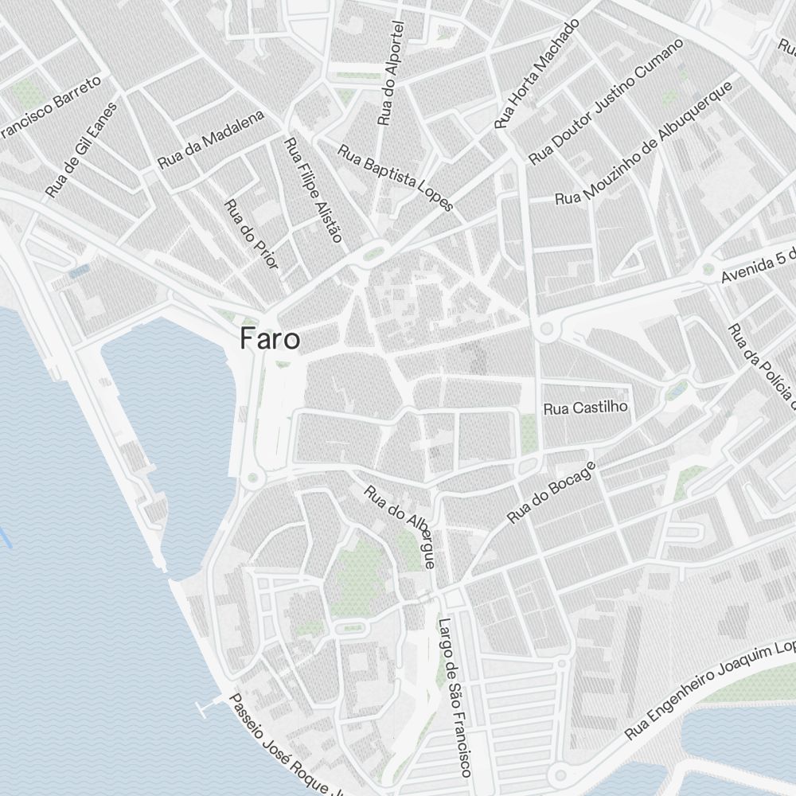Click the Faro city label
tap(271, 340)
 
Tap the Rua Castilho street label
tap(586, 408)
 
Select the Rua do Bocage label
tap(551, 493)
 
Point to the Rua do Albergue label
tap(400, 526)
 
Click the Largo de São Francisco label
tap(455, 696)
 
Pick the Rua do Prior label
tap(252, 234)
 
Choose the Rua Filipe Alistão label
tap(312, 190)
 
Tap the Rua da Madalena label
tap(210, 139)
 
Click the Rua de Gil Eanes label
tap(81, 150)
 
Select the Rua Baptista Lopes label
tap(396, 177)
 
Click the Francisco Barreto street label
tap(52, 107)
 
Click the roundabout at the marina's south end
tap(254, 478)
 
